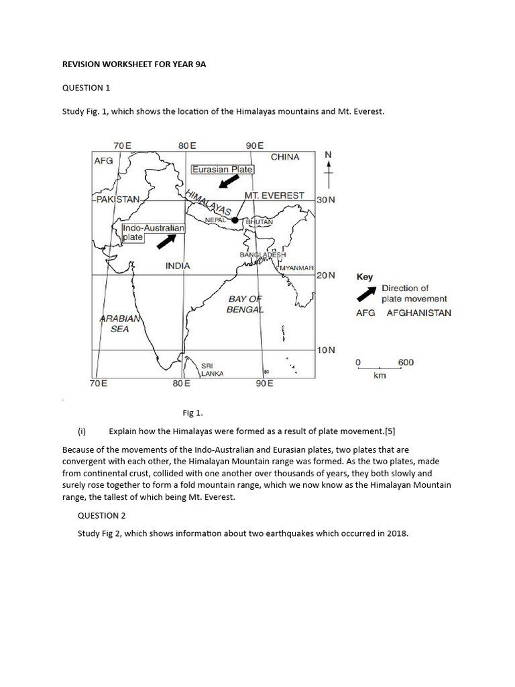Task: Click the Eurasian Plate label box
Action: [223, 170]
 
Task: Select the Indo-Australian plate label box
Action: [153, 233]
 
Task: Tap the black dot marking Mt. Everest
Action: [234, 220]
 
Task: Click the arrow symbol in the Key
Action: [365, 293]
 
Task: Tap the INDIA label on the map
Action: [178, 266]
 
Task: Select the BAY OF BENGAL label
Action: [245, 304]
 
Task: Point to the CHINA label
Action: [285, 157]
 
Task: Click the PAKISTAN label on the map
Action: [117, 199]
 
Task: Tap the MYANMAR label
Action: [296, 268]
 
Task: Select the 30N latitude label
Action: [326, 200]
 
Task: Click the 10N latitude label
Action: [326, 350]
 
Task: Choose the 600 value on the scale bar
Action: [406, 362]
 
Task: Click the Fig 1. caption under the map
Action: [192, 413]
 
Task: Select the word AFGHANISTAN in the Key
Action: [419, 313]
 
